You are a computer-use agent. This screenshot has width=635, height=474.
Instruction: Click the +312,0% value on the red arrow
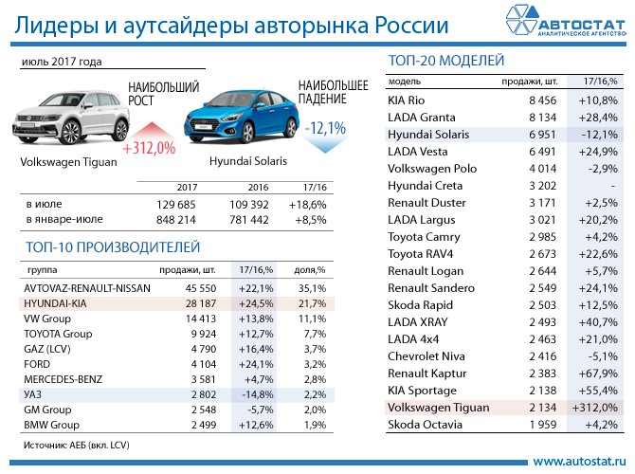coord(150,148)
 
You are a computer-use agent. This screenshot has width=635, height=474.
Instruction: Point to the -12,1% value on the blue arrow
coord(325,127)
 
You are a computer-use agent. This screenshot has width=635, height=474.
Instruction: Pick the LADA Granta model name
coord(424,117)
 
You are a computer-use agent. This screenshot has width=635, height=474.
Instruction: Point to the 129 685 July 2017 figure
coord(175,204)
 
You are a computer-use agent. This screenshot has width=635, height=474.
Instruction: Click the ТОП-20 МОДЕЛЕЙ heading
coord(445,62)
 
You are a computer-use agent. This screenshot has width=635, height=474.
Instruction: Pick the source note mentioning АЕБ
coord(76,443)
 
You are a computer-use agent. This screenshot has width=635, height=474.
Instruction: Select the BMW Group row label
coord(53,424)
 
